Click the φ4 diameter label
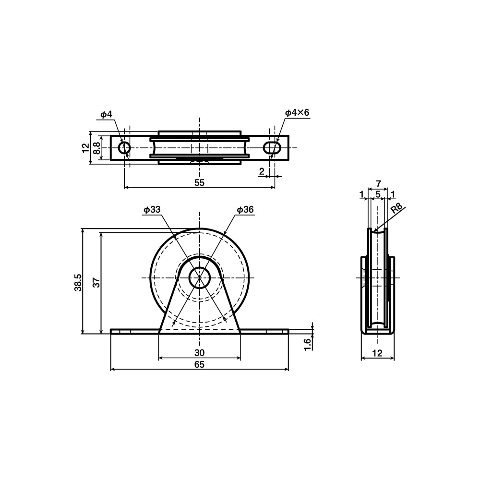pyautogui.click(x=106, y=114)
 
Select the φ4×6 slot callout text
pyautogui.click(x=297, y=113)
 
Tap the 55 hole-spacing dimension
pyautogui.click(x=199, y=182)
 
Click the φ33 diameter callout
pyautogui.click(x=151, y=210)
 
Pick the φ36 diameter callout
pyautogui.click(x=245, y=210)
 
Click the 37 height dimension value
pyautogui.click(x=96, y=283)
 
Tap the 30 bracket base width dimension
pyautogui.click(x=199, y=353)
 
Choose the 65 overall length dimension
pyautogui.click(x=199, y=365)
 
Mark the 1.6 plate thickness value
pyautogui.click(x=308, y=343)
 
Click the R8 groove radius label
pyautogui.click(x=396, y=209)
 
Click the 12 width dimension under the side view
pyautogui.click(x=378, y=353)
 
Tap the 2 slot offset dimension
pyautogui.click(x=262, y=171)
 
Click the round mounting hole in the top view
pyautogui.click(x=124, y=148)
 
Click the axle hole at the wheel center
pyautogui.click(x=199, y=278)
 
